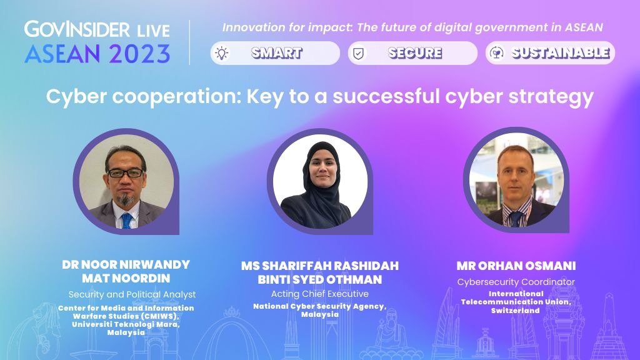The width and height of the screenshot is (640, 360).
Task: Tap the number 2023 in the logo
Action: [139, 54]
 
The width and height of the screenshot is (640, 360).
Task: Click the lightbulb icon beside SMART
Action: [222, 53]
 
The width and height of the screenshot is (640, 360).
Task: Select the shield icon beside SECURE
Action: [358, 53]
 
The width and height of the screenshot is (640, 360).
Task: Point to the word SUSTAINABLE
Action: [561, 52]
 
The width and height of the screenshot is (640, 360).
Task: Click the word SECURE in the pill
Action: [415, 52]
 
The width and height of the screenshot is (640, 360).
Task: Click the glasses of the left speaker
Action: [125, 173]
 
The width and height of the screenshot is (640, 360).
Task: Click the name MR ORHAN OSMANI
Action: [516, 266]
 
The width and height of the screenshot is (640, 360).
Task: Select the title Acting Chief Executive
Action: [319, 294]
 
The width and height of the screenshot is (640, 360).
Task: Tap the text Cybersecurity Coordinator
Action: [516, 282]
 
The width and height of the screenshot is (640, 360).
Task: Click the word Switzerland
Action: [515, 311]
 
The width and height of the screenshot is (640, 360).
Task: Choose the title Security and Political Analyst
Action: [132, 295]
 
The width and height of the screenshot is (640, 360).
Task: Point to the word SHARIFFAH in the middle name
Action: [296, 266]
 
